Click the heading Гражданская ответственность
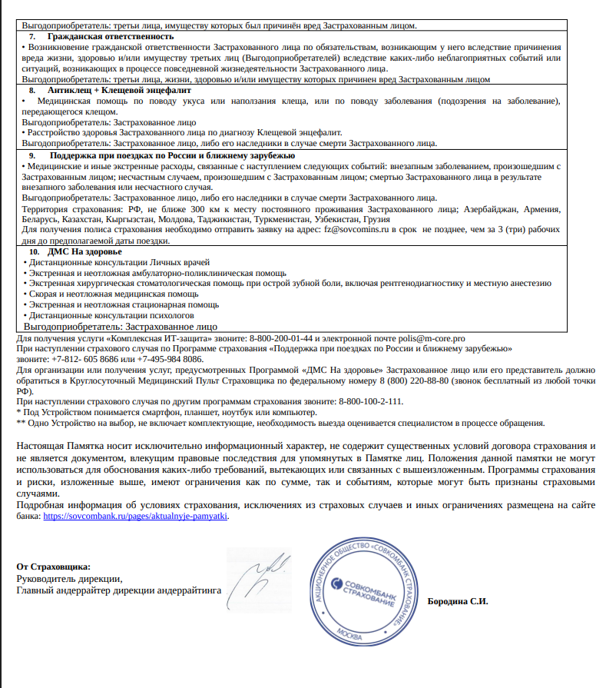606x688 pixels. tap(110, 36)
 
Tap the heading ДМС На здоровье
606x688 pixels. tap(84, 252)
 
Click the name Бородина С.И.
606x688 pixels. tap(458, 601)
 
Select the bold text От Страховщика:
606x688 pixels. tap(53, 567)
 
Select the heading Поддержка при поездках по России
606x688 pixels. tap(160, 155)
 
